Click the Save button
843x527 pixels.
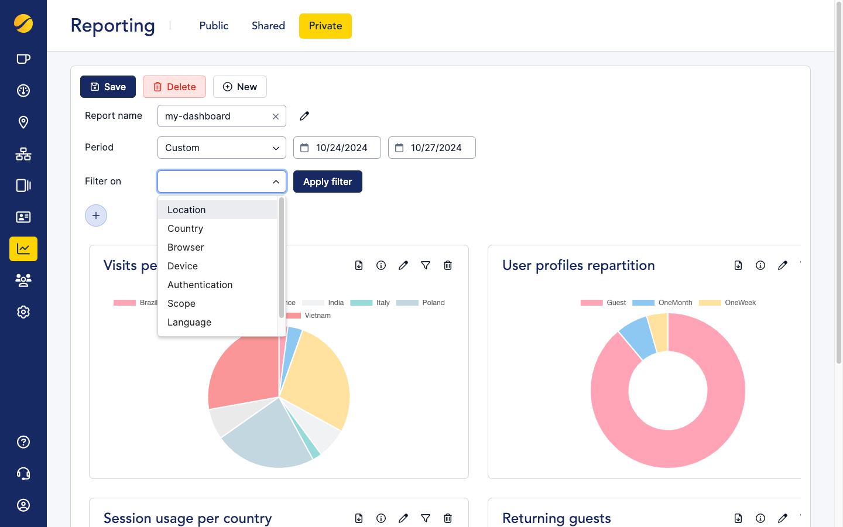pyautogui.click(x=108, y=87)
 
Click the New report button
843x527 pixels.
pyautogui.click(x=239, y=87)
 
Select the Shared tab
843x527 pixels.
pyautogui.click(x=268, y=26)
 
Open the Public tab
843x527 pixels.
pyautogui.click(x=214, y=26)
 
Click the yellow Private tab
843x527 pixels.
pyautogui.click(x=325, y=26)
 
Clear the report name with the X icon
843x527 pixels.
pyautogui.click(x=276, y=117)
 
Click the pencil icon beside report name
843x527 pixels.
pyautogui.click(x=304, y=116)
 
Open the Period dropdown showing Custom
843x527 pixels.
pyautogui.click(x=221, y=148)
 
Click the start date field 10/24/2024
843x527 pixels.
pyautogui.click(x=337, y=148)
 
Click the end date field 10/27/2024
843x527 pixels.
pyautogui.click(x=432, y=148)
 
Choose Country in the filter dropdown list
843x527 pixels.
pyautogui.click(x=186, y=228)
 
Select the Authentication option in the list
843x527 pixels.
pyautogui.click(x=200, y=285)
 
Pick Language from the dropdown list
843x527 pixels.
pyautogui.click(x=190, y=322)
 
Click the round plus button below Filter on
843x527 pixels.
pyautogui.click(x=96, y=215)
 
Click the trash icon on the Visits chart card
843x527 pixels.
pyautogui.click(x=448, y=265)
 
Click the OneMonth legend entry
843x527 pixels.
pyautogui.click(x=663, y=303)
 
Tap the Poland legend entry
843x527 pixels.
pyautogui.click(x=421, y=303)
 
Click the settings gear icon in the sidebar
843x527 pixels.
pyautogui.click(x=23, y=312)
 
